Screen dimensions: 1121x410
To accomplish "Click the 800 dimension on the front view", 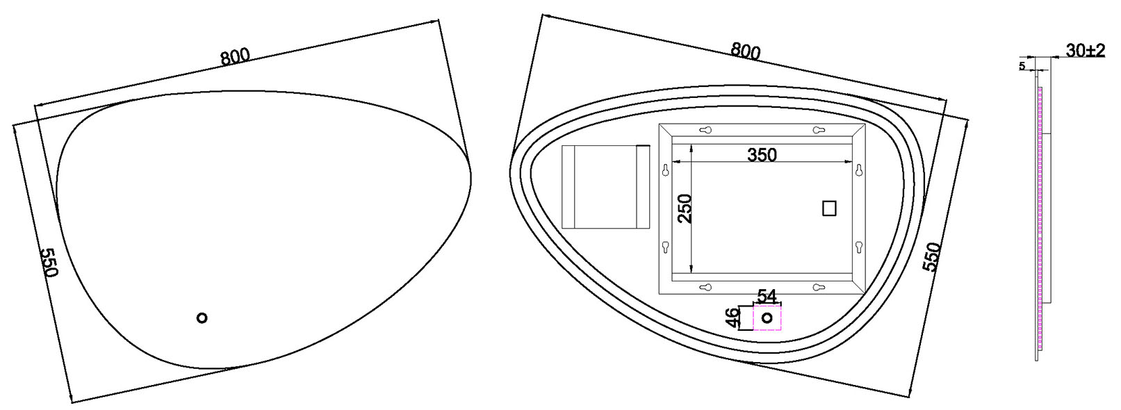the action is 235,56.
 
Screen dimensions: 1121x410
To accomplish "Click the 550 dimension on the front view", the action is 50,262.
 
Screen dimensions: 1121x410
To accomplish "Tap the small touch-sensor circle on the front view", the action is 202,318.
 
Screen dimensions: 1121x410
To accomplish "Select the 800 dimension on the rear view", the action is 745,51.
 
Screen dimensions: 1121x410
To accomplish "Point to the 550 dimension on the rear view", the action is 931,257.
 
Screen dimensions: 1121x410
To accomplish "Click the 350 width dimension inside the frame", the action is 762,155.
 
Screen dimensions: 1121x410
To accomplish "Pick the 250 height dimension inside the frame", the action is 685,208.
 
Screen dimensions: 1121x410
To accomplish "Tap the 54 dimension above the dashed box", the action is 767,296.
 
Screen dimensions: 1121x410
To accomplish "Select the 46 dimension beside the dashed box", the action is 732,318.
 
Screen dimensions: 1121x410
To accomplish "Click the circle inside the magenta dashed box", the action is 767,318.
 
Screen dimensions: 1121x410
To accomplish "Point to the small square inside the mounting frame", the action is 829,208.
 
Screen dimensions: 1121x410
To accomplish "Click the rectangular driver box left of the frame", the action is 605,187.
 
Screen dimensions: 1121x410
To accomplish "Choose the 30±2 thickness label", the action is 1085,51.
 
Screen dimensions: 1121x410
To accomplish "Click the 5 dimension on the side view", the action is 1022,66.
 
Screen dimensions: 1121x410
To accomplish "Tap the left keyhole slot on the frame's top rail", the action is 705,130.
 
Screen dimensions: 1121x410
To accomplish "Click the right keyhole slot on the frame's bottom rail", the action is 818,288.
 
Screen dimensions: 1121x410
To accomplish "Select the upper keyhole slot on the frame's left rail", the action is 666,170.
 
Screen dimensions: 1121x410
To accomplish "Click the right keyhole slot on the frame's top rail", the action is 818,130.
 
